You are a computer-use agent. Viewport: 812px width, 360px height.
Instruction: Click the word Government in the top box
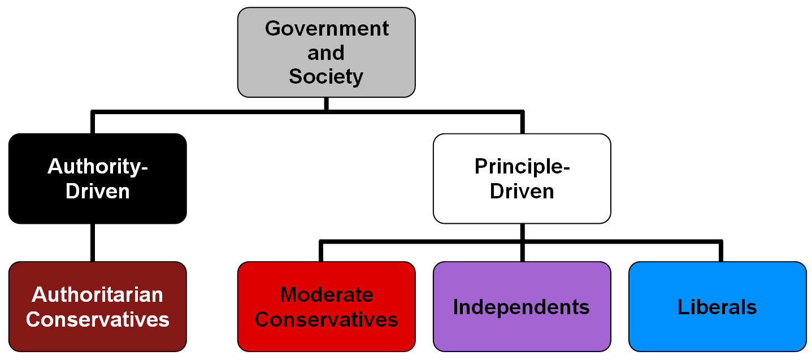point(327,28)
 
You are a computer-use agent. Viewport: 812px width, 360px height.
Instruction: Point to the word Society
point(326,76)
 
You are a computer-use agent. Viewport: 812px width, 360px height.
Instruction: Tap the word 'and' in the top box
point(326,53)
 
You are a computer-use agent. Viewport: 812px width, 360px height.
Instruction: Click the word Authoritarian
point(97,294)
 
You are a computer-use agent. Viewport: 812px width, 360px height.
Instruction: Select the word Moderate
point(326,294)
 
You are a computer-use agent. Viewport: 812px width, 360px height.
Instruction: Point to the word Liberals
point(717,307)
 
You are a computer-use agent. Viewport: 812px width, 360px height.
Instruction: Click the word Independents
point(522,307)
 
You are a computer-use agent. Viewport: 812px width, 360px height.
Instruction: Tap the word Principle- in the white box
point(522,166)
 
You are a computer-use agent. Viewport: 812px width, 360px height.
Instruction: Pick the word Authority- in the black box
point(97,166)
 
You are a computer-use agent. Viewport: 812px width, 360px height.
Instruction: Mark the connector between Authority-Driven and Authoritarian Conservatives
point(93,242)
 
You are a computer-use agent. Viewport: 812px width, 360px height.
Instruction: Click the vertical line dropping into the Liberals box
point(720,252)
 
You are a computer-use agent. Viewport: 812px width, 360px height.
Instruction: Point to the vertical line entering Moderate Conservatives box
point(321,252)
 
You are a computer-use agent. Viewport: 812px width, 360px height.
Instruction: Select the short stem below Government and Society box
point(326,103)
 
